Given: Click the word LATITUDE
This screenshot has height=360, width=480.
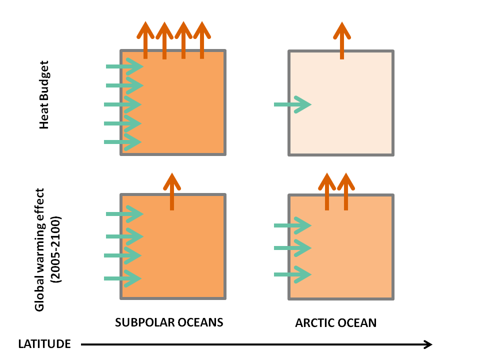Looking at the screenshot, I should tap(44, 344).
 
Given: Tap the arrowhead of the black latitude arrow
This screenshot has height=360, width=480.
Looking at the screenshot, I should tap(428, 344).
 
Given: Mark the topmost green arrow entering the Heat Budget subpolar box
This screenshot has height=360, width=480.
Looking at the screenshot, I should tap(125, 66).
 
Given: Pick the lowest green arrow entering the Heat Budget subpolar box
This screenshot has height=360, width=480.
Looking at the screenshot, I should tap(123, 142).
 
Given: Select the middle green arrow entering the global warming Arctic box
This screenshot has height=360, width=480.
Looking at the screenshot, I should tap(293, 247).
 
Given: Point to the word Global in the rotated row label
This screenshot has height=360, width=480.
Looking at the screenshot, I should tap(40, 295).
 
